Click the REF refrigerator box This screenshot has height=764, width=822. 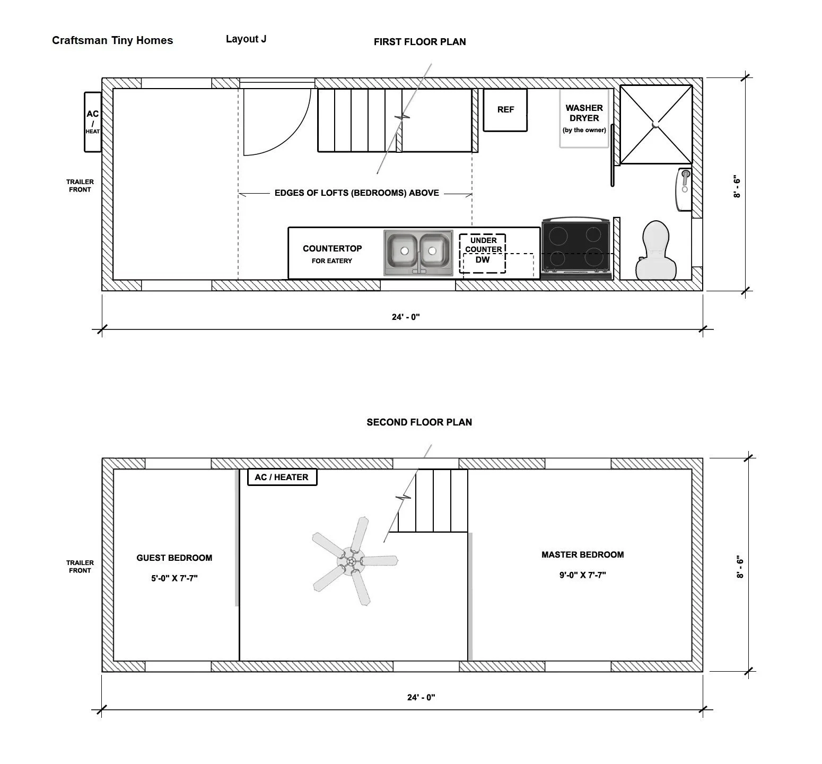pyautogui.click(x=505, y=110)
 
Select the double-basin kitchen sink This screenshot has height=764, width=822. pyautogui.click(x=418, y=252)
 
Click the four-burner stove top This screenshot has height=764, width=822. pyautogui.click(x=576, y=248)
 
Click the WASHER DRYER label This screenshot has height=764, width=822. pyautogui.click(x=584, y=113)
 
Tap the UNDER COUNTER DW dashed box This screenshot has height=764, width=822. pyautogui.click(x=483, y=254)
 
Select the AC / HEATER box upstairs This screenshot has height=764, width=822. pyautogui.click(x=282, y=477)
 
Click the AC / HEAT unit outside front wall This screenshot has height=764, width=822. pyautogui.click(x=93, y=122)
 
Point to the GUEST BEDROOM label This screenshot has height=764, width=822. pyautogui.click(x=174, y=558)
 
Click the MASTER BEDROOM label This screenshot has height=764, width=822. pyautogui.click(x=582, y=554)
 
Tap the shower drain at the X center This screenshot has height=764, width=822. pyautogui.click(x=656, y=125)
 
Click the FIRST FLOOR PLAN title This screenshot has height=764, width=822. pyautogui.click(x=419, y=42)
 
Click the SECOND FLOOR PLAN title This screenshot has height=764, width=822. pyautogui.click(x=419, y=422)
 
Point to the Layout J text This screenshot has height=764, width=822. pyautogui.click(x=246, y=39)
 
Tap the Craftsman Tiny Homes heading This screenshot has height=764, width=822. pyautogui.click(x=112, y=41)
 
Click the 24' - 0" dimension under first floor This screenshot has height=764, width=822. pyautogui.click(x=406, y=317)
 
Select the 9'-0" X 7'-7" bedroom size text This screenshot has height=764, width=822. pyautogui.click(x=582, y=575)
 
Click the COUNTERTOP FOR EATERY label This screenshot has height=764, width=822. pyautogui.click(x=332, y=254)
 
